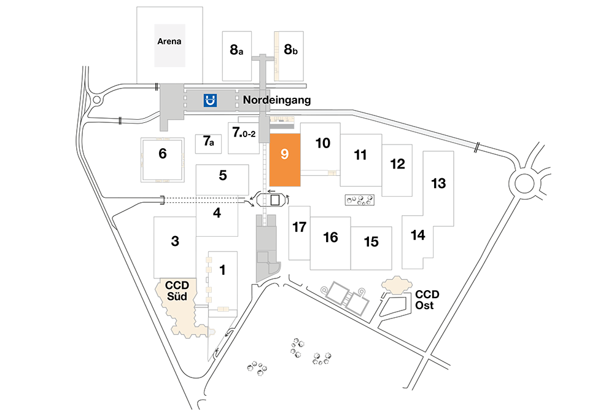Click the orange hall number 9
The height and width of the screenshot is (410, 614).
pyautogui.click(x=285, y=154)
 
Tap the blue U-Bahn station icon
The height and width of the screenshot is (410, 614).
pyautogui.click(x=210, y=100)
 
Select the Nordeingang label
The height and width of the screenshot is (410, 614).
pyautogui.click(x=277, y=100)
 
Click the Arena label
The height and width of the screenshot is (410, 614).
pyautogui.click(x=169, y=41)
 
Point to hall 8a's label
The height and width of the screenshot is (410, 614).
pyautogui.click(x=236, y=50)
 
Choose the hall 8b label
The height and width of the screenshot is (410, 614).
pyautogui.click(x=290, y=49)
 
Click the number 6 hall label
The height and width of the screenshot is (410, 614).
pyautogui.click(x=163, y=153)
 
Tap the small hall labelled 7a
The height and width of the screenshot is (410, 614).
pyautogui.click(x=209, y=141)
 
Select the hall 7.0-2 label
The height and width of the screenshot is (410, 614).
pyautogui.click(x=244, y=132)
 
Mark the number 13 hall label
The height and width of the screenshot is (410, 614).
pyautogui.click(x=438, y=183)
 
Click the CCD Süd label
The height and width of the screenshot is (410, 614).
pyautogui.click(x=177, y=291)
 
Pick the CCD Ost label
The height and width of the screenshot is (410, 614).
pyautogui.click(x=427, y=300)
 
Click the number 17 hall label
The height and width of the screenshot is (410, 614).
pyautogui.click(x=300, y=227)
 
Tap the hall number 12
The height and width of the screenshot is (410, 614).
pyautogui.click(x=397, y=164)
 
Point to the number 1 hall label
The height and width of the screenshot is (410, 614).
pyautogui.click(x=222, y=270)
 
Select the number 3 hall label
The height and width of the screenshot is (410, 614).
pyautogui.click(x=175, y=241)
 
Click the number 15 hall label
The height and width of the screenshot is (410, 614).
pyautogui.click(x=371, y=242)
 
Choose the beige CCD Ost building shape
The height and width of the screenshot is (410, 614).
pyautogui.click(x=397, y=285)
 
